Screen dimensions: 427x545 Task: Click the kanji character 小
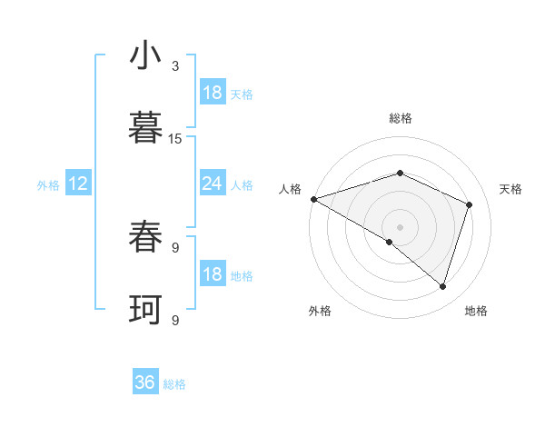click(x=145, y=56)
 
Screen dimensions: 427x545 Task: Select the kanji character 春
click(x=145, y=238)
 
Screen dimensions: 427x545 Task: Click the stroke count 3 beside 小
click(x=175, y=65)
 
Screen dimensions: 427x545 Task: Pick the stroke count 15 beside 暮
click(x=175, y=138)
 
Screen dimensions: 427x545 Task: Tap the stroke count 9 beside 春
click(x=175, y=247)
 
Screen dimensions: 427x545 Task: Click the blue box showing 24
click(x=212, y=184)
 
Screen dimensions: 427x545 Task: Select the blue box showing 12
click(x=78, y=184)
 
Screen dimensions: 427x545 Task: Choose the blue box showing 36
click(x=145, y=382)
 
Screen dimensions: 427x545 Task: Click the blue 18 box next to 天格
click(x=212, y=93)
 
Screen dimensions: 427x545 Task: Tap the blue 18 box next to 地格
click(x=212, y=274)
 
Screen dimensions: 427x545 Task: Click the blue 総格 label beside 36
click(x=174, y=384)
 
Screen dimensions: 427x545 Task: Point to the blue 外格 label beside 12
click(x=48, y=184)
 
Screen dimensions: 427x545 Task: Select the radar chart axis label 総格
click(x=401, y=118)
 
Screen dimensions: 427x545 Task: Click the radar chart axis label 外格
click(x=320, y=311)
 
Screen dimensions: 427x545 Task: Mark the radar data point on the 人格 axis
click(x=313, y=199)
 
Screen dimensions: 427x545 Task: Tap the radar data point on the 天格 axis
click(x=470, y=204)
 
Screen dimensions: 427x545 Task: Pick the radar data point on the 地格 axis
click(x=443, y=287)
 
